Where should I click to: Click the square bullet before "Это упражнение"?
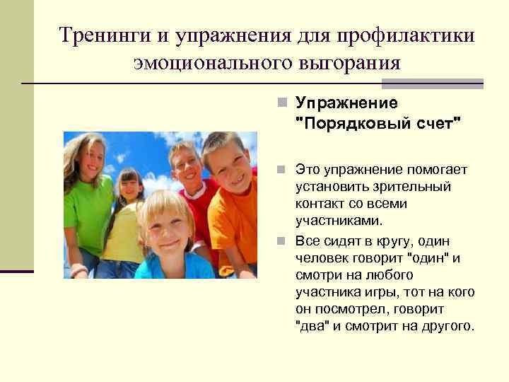pyautogui.click(x=281, y=170)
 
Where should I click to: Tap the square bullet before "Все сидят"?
pyautogui.click(x=281, y=241)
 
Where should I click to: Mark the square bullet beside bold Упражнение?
pyautogui.click(x=281, y=104)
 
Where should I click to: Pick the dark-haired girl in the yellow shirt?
pyautogui.click(x=129, y=190)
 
